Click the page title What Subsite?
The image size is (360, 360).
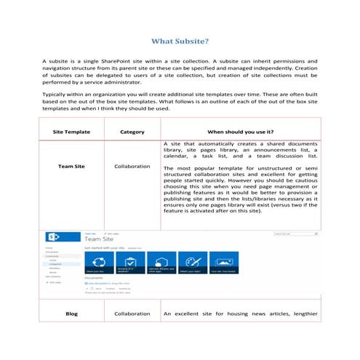point(180,41)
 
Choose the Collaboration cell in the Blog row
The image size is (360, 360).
point(132,313)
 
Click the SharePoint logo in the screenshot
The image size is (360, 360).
point(53,237)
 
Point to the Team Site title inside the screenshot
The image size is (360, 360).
point(103,238)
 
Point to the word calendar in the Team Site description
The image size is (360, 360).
point(177,154)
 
